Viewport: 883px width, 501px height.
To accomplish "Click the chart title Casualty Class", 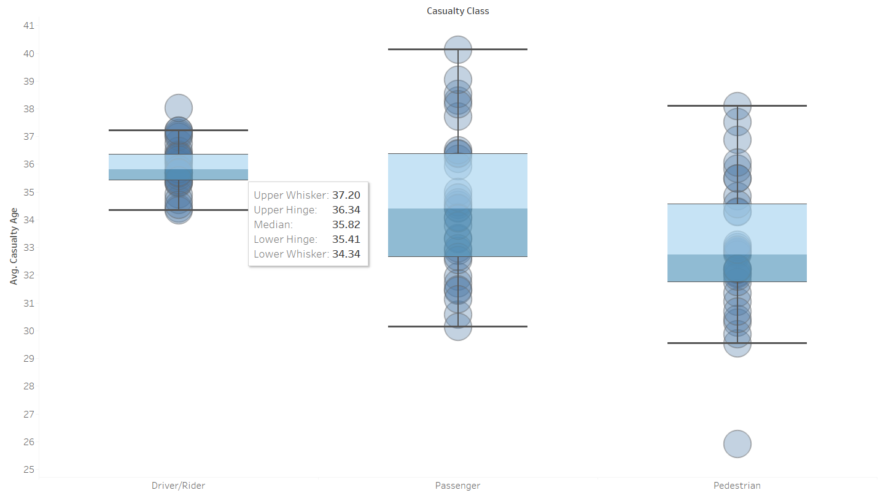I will [x=458, y=11].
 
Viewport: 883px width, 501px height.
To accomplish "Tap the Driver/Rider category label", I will [x=178, y=486].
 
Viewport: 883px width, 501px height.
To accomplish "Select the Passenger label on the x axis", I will [x=457, y=486].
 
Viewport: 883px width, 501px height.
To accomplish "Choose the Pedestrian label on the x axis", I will [x=737, y=486].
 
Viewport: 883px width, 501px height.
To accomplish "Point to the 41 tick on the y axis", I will [x=29, y=26].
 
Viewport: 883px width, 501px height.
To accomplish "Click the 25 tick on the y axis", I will [x=29, y=470].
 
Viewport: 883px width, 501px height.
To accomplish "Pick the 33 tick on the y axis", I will [x=29, y=248].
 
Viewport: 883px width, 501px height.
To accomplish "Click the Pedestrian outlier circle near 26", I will [x=737, y=444].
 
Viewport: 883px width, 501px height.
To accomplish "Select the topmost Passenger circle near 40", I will [x=457, y=50].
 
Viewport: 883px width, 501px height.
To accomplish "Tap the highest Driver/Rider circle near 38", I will [x=179, y=109].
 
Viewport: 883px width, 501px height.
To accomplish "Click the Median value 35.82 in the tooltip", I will [x=346, y=224].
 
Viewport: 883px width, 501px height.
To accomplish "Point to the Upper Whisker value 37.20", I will [x=346, y=195].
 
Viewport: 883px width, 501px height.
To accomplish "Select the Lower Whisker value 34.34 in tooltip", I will [x=346, y=254].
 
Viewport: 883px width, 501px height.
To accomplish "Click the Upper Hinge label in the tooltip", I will [x=286, y=210].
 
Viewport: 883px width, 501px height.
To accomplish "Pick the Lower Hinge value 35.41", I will [x=346, y=239].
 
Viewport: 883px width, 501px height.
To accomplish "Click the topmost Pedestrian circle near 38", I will [x=737, y=106].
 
